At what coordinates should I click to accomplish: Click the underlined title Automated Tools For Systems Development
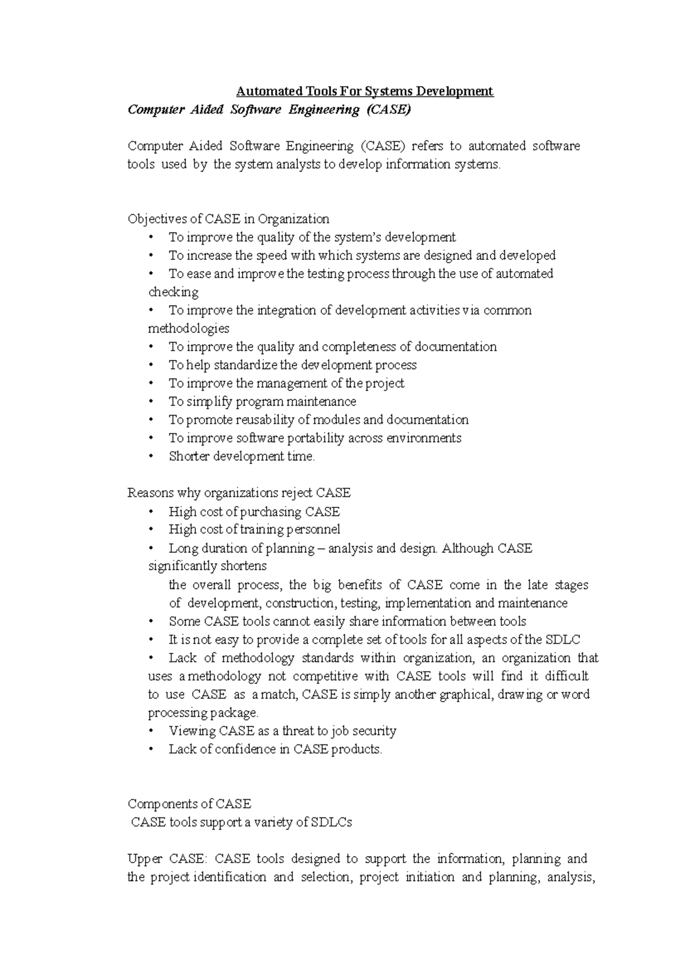[365, 91]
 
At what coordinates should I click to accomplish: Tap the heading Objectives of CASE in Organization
[228, 219]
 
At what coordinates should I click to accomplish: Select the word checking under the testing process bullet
[174, 292]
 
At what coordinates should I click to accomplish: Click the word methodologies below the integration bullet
[188, 328]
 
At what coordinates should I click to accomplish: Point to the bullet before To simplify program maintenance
[151, 402]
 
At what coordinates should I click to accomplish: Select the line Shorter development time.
[242, 456]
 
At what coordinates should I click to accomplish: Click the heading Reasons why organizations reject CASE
[239, 492]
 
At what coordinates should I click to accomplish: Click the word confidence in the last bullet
[245, 749]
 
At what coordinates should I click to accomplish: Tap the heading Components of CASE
[190, 804]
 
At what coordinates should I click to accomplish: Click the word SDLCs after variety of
[332, 823]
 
